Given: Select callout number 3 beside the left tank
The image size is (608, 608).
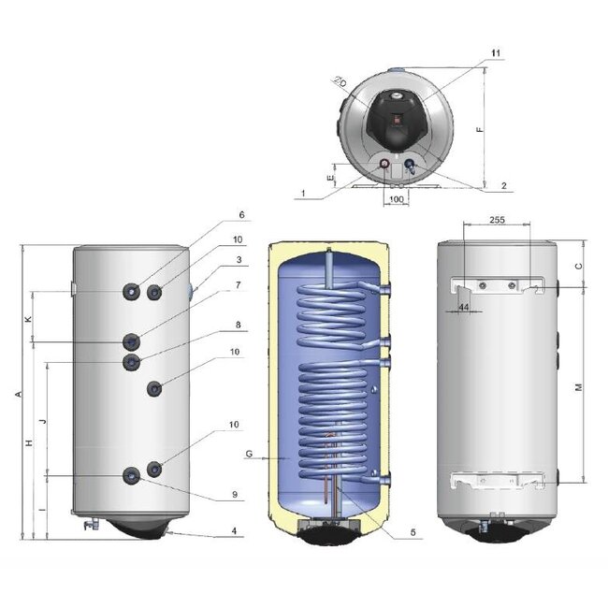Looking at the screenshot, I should pos(239,260).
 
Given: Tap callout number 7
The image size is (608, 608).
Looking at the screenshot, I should pos(239,283).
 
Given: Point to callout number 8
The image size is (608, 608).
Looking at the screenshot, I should pos(239,325).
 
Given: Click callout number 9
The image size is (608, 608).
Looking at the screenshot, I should pos(236,494).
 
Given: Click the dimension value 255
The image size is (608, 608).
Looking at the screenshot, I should pos(497,222).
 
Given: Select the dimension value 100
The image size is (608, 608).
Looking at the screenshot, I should pos(396,200).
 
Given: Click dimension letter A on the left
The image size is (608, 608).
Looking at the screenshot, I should pos(19,395).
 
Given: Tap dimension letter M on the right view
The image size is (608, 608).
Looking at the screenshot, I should pos(579,387).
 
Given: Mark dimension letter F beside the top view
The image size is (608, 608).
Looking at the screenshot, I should pos(481,130).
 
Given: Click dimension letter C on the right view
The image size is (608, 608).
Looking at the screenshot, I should pos(579,266).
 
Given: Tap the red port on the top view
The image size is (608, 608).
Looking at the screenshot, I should pos(387,166).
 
